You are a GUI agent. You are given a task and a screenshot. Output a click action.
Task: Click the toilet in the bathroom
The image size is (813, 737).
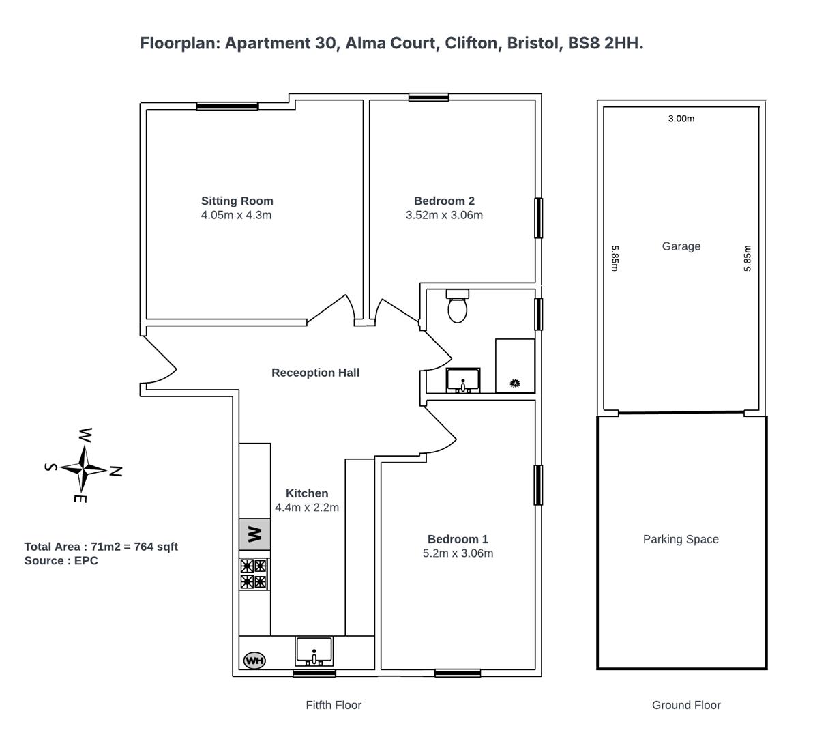coord(457,306)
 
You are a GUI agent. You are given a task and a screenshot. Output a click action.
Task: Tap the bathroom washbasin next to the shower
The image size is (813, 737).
coord(463,380)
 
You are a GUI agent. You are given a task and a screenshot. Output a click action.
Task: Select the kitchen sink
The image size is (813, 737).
coord(314,651)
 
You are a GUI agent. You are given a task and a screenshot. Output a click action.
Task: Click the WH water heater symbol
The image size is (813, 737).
coord(254,660)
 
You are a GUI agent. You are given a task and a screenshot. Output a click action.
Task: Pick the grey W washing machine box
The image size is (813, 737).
coord(254,534)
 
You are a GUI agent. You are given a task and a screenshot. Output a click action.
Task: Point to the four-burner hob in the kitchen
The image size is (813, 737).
coord(254,573)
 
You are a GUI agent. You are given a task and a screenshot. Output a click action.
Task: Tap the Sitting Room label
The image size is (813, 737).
coord(237,201)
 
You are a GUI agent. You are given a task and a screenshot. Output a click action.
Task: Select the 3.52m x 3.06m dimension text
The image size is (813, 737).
coord(444,215)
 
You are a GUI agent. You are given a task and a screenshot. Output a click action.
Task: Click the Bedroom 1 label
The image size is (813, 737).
coord(458,539)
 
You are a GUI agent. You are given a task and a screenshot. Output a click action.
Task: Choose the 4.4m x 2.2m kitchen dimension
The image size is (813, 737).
coord(307,508)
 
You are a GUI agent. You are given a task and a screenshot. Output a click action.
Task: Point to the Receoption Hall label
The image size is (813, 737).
coord(315,373)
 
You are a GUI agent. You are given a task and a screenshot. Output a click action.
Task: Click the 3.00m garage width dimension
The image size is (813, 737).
coord(681,119)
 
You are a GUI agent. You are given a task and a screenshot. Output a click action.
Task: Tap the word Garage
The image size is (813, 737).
coord(681,246)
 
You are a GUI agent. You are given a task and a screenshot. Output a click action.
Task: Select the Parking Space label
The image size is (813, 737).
coord(681,539)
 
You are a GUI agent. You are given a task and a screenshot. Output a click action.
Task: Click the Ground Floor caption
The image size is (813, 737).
coord(686,705)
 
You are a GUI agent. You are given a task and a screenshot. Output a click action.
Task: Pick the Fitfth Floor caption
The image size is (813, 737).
coord(334,705)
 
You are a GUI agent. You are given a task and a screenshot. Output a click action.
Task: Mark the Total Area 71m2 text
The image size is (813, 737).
coord(101,547)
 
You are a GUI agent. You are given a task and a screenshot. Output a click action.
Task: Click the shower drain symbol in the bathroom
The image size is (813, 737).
coord(514,384)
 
